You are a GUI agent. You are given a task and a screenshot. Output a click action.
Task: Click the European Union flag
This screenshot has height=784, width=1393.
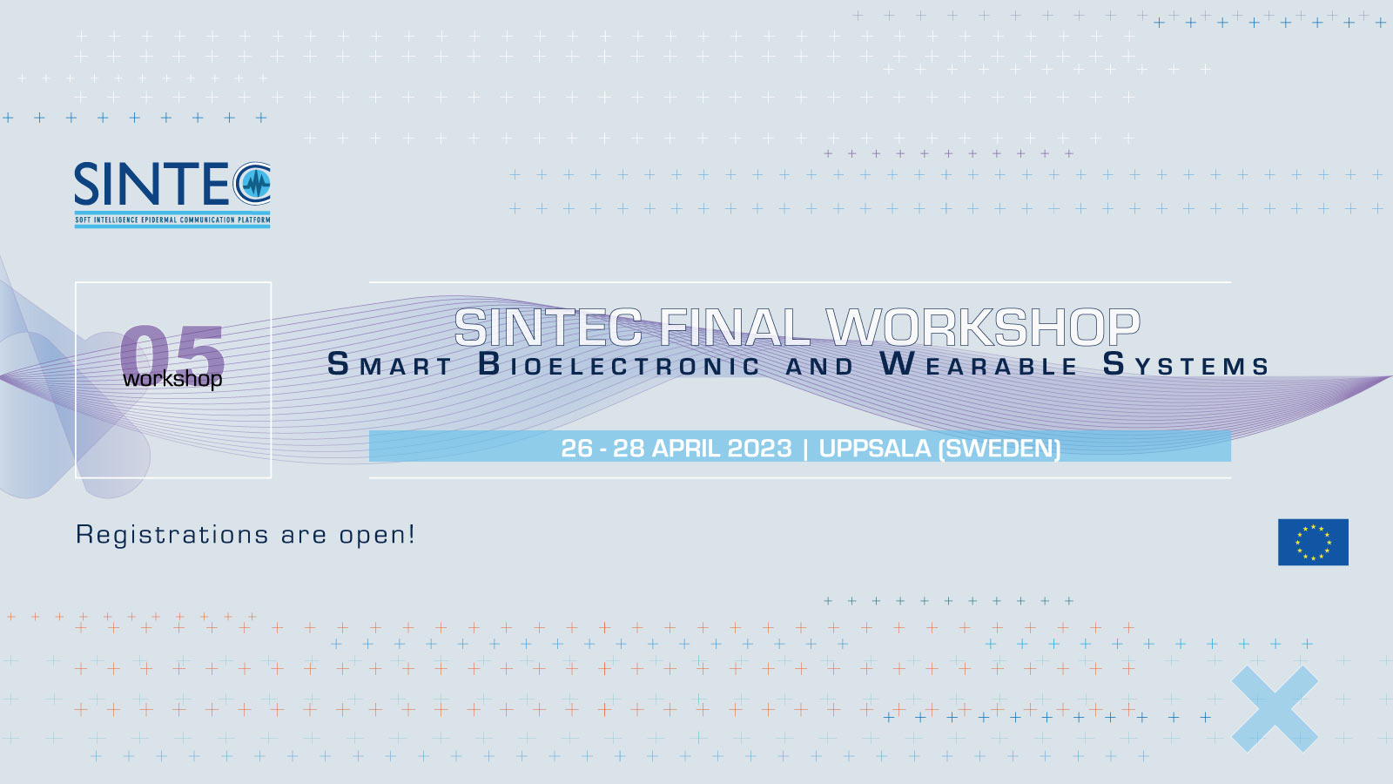click(1313, 542)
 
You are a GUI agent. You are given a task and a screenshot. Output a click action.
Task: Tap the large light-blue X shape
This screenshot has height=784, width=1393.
click(1275, 709)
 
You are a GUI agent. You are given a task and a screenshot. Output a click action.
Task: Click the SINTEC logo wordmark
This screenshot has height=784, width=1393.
click(152, 185)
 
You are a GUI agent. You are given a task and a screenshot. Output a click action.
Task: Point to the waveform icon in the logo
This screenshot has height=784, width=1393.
click(255, 184)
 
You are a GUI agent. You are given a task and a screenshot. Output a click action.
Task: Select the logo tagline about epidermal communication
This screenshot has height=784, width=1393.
click(172, 220)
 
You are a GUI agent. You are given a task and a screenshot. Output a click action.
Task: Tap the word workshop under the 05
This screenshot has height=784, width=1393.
click(172, 379)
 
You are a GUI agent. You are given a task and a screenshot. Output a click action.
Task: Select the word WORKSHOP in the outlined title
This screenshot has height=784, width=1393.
click(983, 328)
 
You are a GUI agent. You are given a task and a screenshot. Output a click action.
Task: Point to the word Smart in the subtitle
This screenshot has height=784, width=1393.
click(390, 365)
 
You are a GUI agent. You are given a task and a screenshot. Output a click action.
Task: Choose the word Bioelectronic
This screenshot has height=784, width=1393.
click(620, 365)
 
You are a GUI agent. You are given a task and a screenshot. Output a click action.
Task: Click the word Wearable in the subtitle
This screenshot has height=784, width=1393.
click(979, 365)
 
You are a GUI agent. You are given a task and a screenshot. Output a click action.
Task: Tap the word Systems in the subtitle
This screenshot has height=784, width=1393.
click(1186, 365)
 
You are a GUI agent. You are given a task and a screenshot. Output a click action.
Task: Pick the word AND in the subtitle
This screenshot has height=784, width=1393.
click(820, 367)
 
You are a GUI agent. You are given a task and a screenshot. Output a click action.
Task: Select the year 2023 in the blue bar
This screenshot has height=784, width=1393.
click(759, 448)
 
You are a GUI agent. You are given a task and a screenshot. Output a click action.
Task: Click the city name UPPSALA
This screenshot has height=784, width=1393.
click(874, 448)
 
